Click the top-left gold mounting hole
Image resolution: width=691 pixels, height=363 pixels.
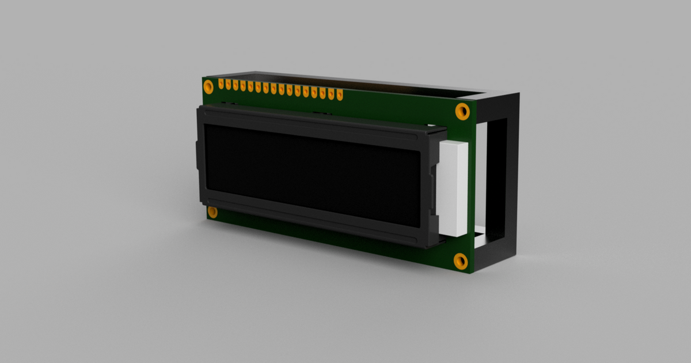pos(208,87)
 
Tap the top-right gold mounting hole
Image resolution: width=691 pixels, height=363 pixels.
pos(462,111)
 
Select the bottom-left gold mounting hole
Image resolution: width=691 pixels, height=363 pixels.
pos(212,212)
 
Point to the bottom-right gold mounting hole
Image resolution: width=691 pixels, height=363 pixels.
pos(460,261)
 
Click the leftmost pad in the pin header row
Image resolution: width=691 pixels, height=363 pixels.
pos(221,84)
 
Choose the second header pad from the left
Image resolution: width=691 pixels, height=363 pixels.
pos(229,85)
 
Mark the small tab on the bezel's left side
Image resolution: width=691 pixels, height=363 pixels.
pos(198,156)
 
